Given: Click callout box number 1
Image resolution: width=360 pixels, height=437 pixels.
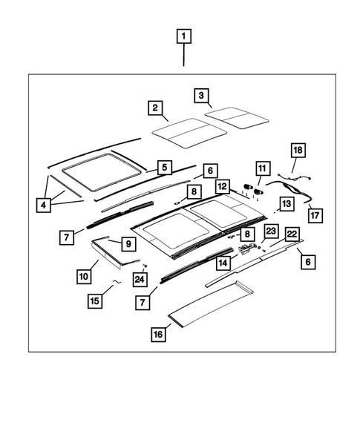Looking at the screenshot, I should (x=183, y=35).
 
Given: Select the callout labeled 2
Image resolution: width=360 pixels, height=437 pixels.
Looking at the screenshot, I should (x=155, y=108).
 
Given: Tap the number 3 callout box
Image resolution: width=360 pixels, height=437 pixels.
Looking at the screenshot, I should (x=200, y=95).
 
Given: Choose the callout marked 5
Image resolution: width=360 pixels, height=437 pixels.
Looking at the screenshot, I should (x=164, y=167).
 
